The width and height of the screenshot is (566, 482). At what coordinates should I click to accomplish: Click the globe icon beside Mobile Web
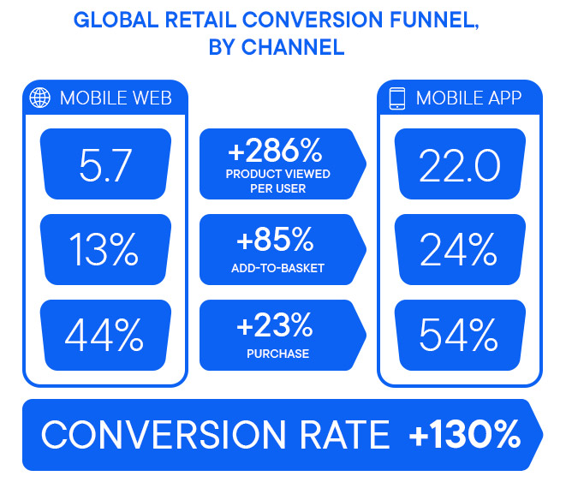pos(39,98)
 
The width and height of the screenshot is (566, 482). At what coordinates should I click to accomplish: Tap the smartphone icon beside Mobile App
pos(396,98)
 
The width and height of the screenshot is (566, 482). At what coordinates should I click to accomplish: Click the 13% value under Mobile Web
pos(104,249)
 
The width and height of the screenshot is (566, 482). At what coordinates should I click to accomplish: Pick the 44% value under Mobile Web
pos(104,335)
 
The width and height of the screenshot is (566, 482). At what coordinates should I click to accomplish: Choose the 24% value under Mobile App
pos(459,249)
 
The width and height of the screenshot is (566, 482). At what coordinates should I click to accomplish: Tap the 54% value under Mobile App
pos(459,335)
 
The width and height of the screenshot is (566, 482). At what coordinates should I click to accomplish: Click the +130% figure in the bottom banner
pos(464,435)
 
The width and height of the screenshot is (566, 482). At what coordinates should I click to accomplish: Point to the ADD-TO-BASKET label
pos(277,268)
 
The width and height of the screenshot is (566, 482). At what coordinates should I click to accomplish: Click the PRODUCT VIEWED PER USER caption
pos(277,181)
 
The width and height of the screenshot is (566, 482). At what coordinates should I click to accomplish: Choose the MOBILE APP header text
pos(468,98)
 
